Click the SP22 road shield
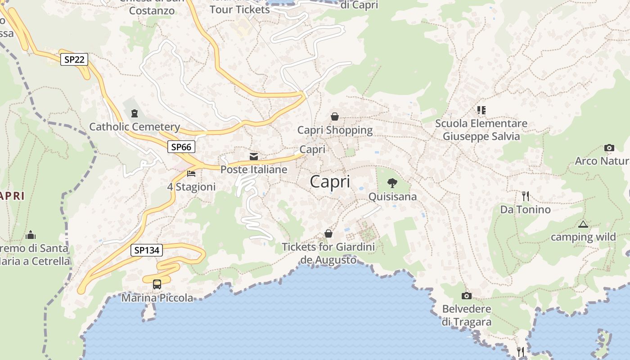coord(74,59)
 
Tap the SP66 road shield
coord(181,147)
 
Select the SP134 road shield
coord(147,250)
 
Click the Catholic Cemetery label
coord(135,127)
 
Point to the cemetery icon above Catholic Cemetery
coord(134,113)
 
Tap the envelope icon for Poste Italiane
coord(254,157)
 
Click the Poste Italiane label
coord(254,170)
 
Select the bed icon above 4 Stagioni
coord(191,174)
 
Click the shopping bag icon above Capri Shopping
coord(335,117)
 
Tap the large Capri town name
coord(330,182)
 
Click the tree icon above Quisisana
coord(392,183)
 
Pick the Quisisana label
coord(392,197)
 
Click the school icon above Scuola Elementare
coord(481,110)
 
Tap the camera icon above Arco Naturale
coord(609,148)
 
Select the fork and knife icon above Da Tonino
coord(525,196)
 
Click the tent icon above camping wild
coord(583,224)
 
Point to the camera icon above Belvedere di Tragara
coord(467,296)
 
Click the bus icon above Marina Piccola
coord(157,284)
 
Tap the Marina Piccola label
coord(157,298)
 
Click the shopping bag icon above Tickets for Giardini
coord(328,234)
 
